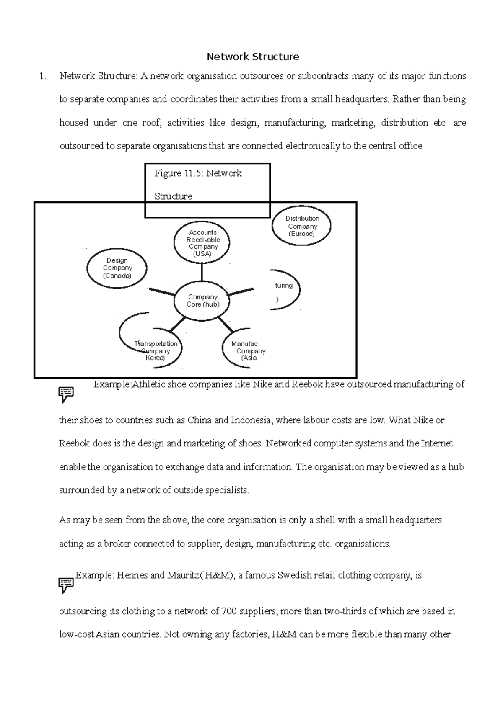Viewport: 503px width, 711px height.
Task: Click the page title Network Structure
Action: [x=253, y=57]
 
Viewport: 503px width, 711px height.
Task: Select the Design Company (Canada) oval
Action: [x=117, y=268]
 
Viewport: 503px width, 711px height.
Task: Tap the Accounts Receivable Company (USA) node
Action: [x=203, y=243]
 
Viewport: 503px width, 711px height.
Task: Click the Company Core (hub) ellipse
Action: [x=203, y=301]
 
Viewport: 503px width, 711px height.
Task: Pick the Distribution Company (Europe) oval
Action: [x=302, y=226]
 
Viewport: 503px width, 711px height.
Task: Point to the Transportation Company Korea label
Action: [x=156, y=351]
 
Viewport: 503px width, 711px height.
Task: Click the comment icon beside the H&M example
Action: [x=66, y=585]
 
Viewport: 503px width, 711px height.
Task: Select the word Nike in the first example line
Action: [x=262, y=384]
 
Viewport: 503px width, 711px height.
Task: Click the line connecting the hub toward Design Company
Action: [x=162, y=291]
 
